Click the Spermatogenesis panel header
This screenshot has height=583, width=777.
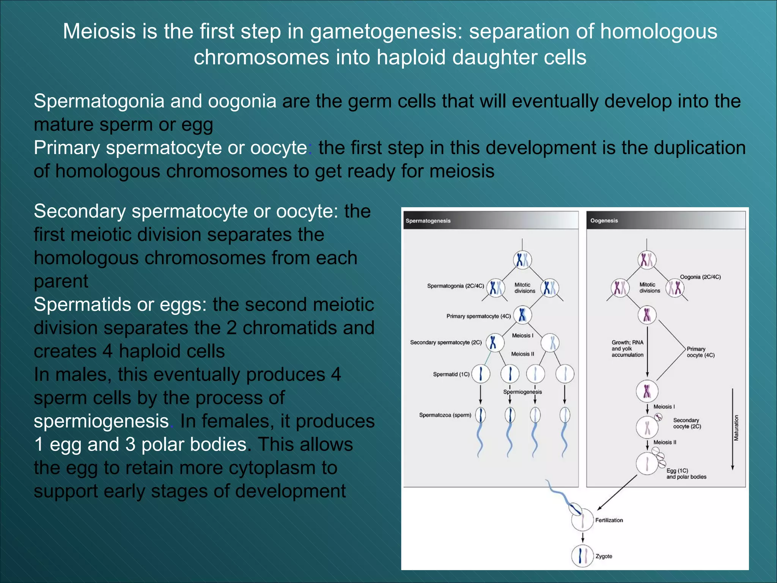[428, 221]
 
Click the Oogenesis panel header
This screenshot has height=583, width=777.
[604, 221]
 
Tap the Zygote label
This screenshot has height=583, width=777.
[604, 556]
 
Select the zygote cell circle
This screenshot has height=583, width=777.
[582, 556]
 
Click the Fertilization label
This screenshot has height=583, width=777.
[609, 520]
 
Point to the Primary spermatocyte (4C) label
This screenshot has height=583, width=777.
[478, 316]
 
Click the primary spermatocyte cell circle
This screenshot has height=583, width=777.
[522, 315]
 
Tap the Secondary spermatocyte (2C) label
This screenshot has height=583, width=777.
[446, 342]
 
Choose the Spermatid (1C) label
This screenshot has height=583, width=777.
[451, 374]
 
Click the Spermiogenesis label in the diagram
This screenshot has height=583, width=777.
[522, 392]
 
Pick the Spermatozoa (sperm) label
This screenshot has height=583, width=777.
[445, 415]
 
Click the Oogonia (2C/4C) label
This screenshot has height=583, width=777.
[700, 277]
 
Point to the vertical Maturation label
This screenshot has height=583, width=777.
[736, 428]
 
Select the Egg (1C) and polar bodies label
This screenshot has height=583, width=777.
[686, 474]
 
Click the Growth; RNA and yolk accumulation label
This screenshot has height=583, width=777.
[628, 348]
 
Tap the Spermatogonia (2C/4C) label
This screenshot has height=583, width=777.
[455, 286]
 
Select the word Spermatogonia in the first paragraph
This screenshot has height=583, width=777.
[99, 101]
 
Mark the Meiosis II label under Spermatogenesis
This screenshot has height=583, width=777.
[522, 354]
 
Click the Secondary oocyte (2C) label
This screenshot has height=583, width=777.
[687, 423]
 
